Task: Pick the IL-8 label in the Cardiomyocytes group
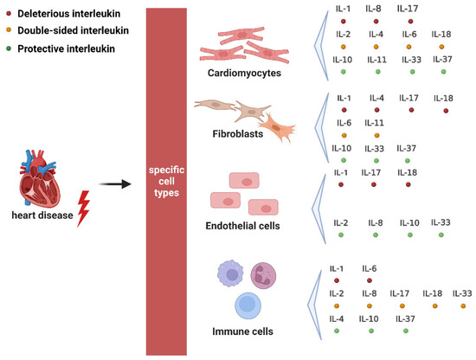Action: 373,9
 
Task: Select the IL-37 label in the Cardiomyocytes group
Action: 441,60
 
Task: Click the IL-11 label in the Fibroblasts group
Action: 375,123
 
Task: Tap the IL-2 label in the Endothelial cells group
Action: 342,222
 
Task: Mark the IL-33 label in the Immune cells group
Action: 461,294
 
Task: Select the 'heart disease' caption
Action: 37,215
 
